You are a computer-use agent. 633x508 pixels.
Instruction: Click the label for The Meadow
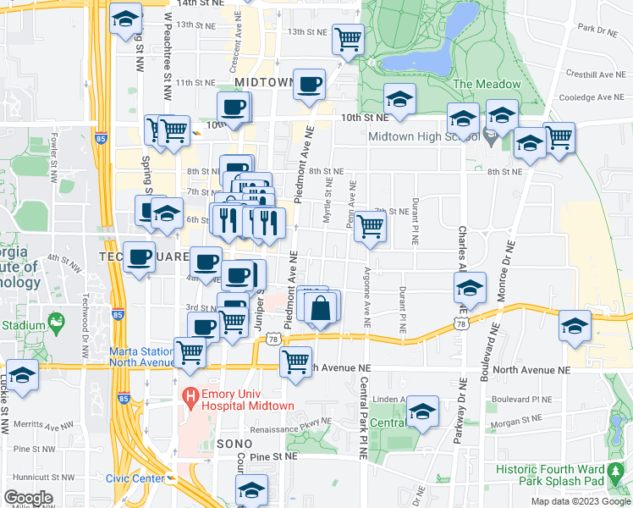pos(487,84)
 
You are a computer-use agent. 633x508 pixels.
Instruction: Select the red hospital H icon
pos(191,395)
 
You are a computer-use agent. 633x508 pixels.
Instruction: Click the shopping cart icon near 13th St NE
pos(348,38)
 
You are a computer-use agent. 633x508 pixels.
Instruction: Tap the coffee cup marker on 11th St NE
pos(310,84)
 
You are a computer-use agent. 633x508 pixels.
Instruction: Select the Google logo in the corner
pos(28,497)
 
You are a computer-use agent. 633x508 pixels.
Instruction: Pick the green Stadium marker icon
pos(57,322)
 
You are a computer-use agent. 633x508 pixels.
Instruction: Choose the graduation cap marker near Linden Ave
pos(422,411)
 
